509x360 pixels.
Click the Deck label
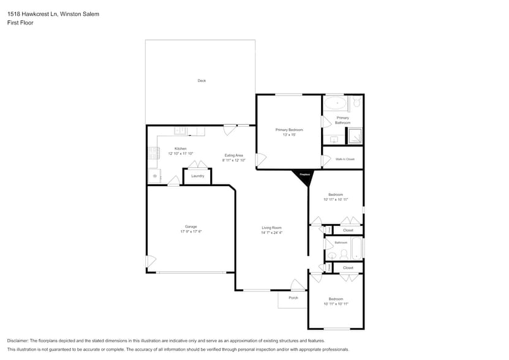pos(202,81)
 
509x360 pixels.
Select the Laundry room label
pos(197,176)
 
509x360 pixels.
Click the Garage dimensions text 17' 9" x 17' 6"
pos(191,231)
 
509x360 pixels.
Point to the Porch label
pos(293,298)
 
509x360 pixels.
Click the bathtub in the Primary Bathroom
pos(335,103)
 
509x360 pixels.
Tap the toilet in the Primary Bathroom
pos(356,103)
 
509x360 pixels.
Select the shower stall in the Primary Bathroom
pos(355,136)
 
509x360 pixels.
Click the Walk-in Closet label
pos(345,159)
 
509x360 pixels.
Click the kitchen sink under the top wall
pos(181,130)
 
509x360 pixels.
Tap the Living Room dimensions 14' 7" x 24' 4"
pos(271,233)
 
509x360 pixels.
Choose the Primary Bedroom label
pos(289,130)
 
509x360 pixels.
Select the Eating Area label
pos(234,156)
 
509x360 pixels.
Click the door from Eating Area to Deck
pos(230,129)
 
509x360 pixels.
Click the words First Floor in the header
pos(20,23)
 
